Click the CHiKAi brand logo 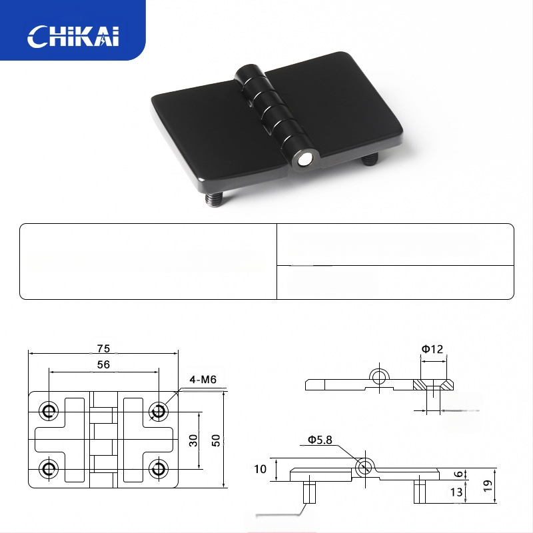click(x=73, y=36)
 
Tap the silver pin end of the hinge click(x=304, y=160)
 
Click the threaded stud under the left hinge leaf click(x=214, y=199)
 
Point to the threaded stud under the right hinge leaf click(x=369, y=159)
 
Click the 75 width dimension click(x=104, y=348)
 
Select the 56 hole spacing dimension click(x=104, y=364)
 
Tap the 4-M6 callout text click(x=203, y=379)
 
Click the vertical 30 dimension click(x=193, y=440)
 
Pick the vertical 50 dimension click(x=216, y=440)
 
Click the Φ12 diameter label click(x=432, y=349)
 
